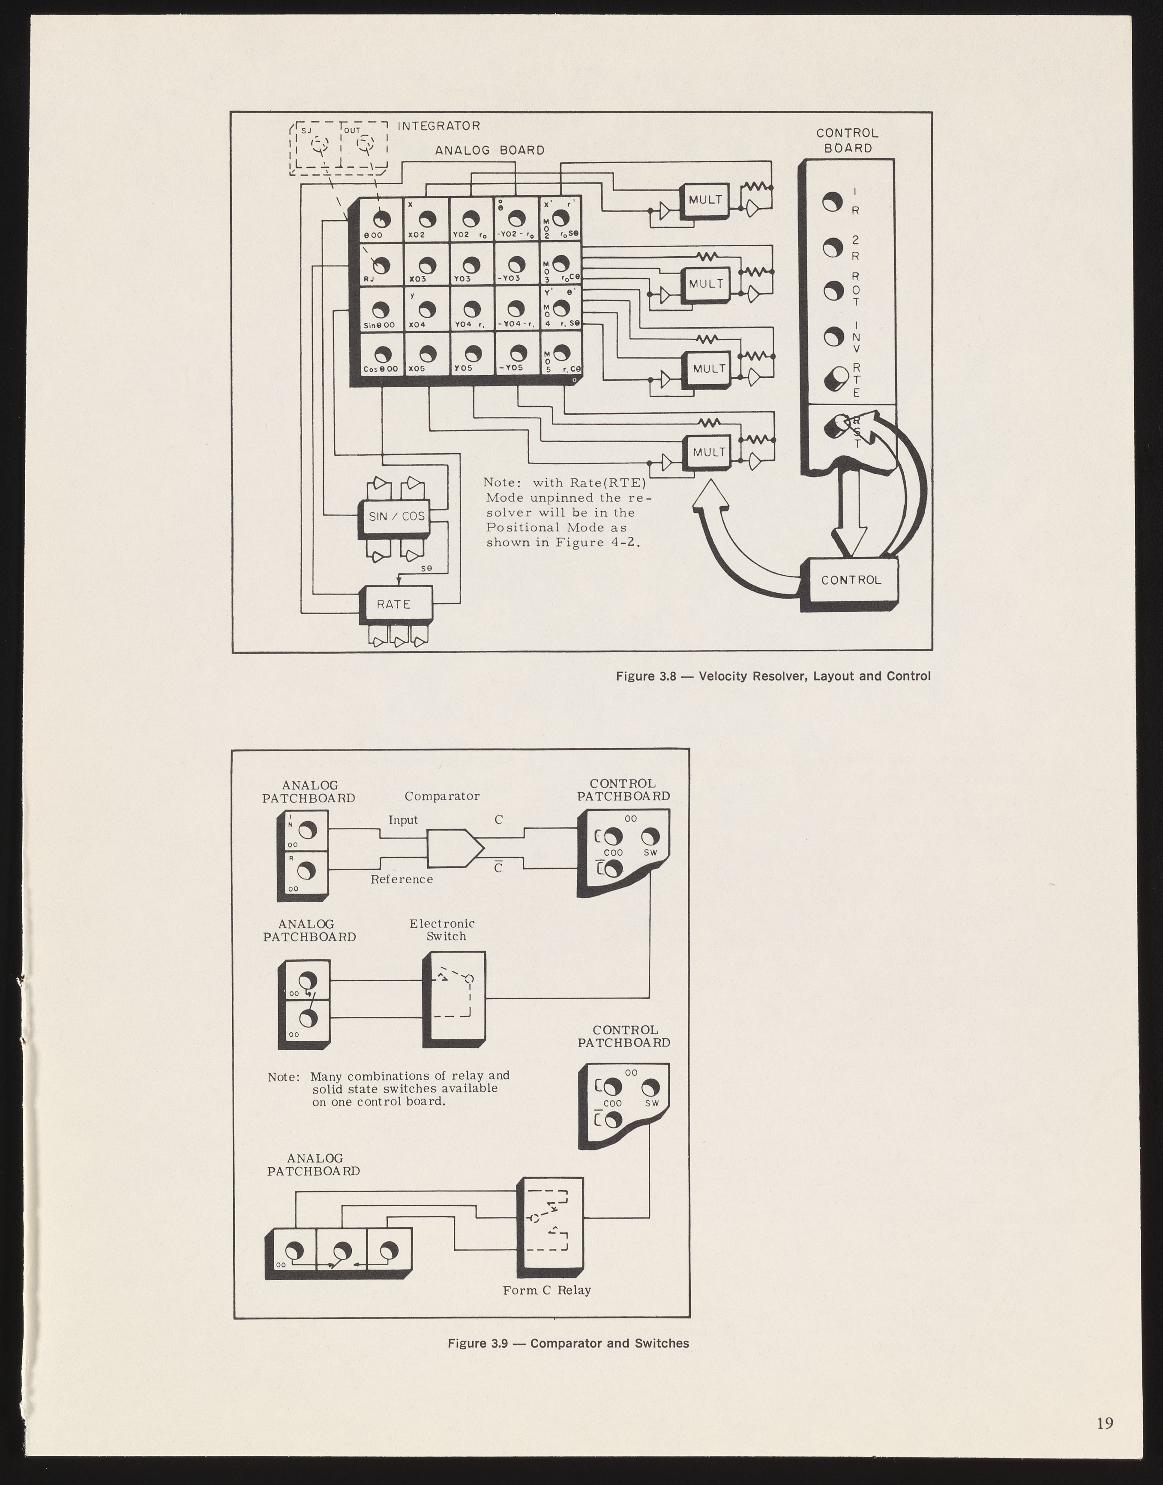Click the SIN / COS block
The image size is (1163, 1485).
tap(396, 516)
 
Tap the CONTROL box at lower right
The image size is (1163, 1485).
tap(851, 580)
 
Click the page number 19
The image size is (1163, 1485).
tap(1104, 1423)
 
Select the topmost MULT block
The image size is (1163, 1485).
tap(705, 200)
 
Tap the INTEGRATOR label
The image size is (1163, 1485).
tap(438, 126)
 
